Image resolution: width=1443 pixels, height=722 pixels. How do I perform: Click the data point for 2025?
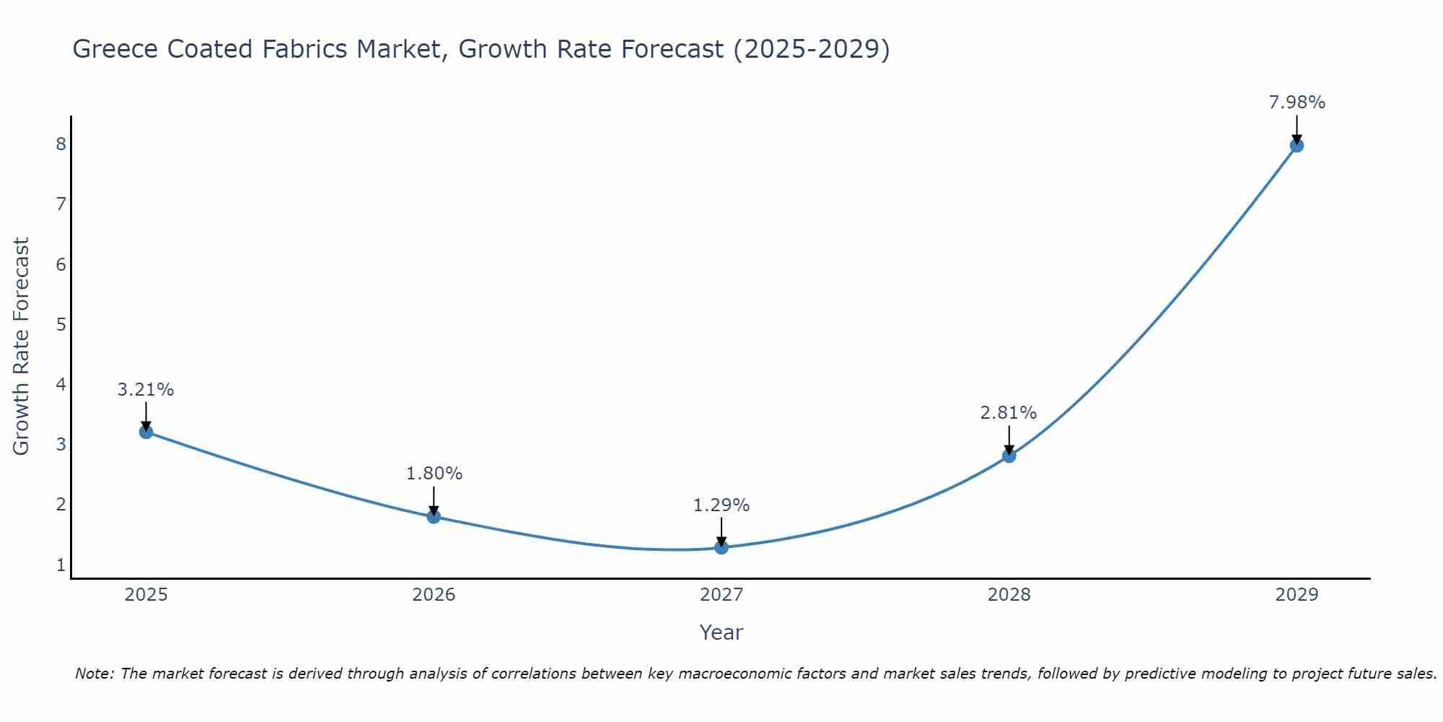click(x=146, y=432)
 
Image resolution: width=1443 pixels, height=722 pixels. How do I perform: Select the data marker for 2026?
click(x=434, y=517)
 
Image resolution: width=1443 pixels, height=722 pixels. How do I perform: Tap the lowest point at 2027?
click(x=721, y=547)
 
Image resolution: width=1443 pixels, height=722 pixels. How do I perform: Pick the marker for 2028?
click(x=1009, y=456)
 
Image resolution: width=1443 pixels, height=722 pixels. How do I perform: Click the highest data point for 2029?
click(x=1297, y=146)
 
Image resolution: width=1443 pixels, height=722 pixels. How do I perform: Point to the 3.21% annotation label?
click(x=146, y=390)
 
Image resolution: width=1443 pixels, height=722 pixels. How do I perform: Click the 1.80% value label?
click(x=434, y=474)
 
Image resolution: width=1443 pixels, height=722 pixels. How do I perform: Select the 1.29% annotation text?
click(x=721, y=505)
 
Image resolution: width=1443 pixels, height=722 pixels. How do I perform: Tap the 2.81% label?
click(x=1008, y=413)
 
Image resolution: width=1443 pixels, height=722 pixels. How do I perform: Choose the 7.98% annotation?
click(x=1297, y=103)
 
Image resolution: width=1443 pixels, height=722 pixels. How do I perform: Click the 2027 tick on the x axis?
click(x=721, y=595)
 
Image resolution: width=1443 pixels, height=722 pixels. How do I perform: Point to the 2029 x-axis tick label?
click(x=1297, y=595)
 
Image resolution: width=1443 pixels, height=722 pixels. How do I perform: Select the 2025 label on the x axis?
click(x=146, y=595)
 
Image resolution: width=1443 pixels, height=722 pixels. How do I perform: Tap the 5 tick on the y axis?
click(x=61, y=324)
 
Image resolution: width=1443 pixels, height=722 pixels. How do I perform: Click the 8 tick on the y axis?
click(x=61, y=144)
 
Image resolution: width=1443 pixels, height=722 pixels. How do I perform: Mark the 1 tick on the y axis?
click(x=61, y=565)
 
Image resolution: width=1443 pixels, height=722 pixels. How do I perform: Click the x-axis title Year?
click(x=721, y=632)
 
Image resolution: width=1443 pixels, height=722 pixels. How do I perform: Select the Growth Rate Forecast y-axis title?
click(x=21, y=347)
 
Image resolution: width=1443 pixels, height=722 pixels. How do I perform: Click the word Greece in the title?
click(x=115, y=49)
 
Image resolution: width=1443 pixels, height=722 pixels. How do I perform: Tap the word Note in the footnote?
click(x=94, y=674)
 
